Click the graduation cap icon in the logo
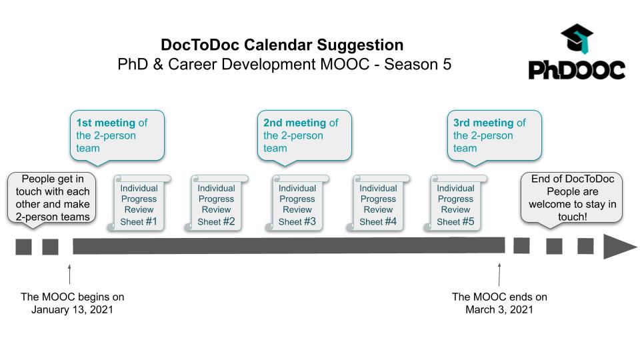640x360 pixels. [x=577, y=39]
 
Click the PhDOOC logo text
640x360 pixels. [x=577, y=70]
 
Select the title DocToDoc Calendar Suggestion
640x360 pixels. [x=282, y=45]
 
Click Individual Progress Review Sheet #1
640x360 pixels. [x=139, y=203]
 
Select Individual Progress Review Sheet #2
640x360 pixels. [x=216, y=203]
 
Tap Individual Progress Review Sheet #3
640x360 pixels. [x=297, y=203]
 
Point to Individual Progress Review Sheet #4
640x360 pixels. [x=378, y=203]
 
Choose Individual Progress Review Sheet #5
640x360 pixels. [x=455, y=203]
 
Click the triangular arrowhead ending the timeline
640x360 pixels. [x=619, y=247]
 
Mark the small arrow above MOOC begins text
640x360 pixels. [x=69, y=274]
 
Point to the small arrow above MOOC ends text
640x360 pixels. [x=499, y=274]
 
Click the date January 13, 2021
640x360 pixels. [x=72, y=309]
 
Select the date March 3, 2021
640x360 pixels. [x=499, y=309]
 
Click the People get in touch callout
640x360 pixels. [x=52, y=199]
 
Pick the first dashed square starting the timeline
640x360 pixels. [x=24, y=247]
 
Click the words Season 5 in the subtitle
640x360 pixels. [x=417, y=65]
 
